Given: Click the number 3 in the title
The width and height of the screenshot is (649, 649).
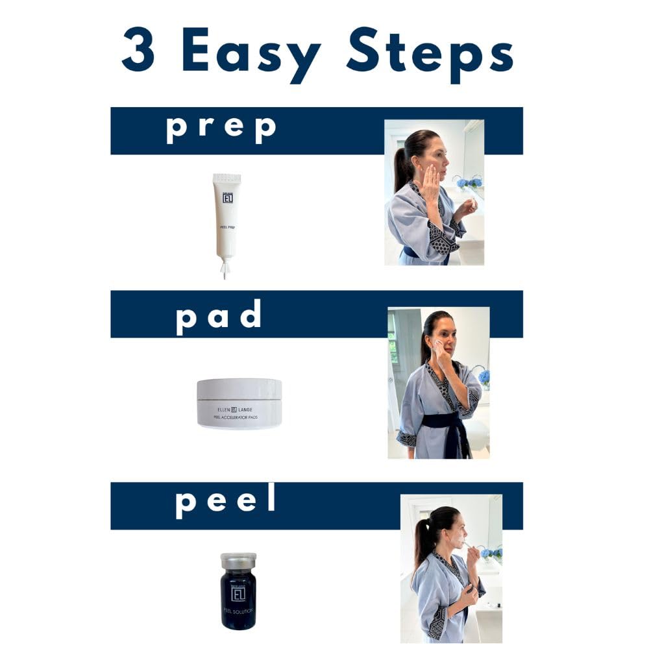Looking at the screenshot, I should coord(139,51).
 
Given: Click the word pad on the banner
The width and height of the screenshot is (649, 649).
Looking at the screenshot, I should coord(219,315).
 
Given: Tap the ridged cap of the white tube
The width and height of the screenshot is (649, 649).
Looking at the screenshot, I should coord(227,178).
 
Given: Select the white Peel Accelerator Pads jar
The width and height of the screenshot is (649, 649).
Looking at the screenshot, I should coord(239,403).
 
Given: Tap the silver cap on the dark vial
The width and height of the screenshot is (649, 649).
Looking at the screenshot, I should coord(238,560).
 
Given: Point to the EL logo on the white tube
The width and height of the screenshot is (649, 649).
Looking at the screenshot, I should coord(227,198).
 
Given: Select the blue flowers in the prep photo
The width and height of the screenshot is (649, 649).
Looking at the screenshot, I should coord(469,182).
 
